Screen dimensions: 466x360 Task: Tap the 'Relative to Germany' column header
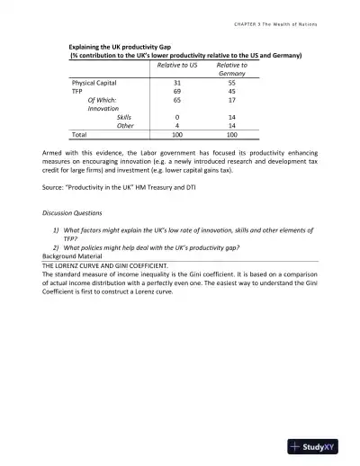click(232, 69)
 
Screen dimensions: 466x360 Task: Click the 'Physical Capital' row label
click(96, 82)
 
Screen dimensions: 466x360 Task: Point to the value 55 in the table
click(232, 82)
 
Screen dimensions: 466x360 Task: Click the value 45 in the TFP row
click(232, 91)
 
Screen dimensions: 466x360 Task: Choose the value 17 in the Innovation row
click(232, 100)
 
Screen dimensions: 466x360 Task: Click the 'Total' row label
click(80, 134)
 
